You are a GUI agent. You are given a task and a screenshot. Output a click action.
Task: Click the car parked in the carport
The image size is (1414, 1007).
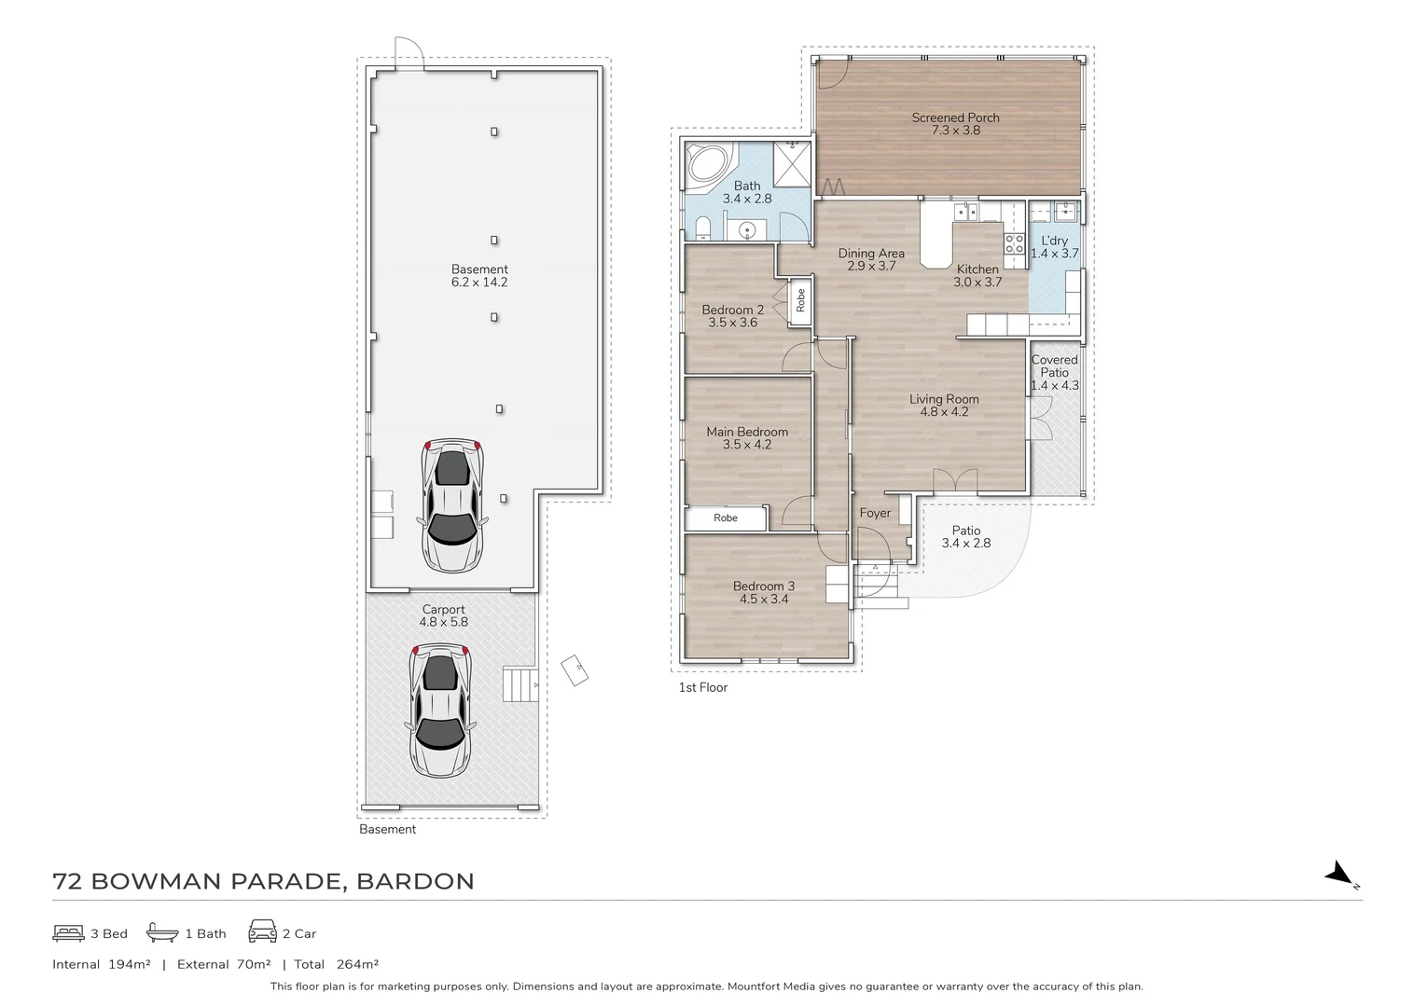[x=440, y=710]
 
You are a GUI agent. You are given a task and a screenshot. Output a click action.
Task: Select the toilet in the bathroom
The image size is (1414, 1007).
[x=702, y=228]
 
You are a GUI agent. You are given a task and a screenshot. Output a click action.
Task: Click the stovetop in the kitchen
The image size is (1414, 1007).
[x=1014, y=243]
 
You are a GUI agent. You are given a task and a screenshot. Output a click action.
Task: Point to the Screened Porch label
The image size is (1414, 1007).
[x=955, y=117]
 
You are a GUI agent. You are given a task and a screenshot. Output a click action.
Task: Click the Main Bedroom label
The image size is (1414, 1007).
[x=746, y=432]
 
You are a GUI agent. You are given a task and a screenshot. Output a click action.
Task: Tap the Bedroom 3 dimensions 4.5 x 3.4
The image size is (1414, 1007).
[x=764, y=599]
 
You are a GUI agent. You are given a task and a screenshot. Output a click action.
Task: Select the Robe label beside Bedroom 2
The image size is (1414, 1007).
[x=800, y=300]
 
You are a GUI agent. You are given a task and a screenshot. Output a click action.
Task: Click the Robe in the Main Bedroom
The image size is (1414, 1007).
[x=726, y=518]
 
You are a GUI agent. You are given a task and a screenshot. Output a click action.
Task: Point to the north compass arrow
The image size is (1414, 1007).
[x=1340, y=875]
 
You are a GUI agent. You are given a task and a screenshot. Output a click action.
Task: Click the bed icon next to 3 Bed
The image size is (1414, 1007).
[x=68, y=932]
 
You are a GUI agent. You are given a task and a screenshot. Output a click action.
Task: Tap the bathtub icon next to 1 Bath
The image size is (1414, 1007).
[x=162, y=932]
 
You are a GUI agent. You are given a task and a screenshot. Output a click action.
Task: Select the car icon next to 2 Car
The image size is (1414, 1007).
[x=262, y=932]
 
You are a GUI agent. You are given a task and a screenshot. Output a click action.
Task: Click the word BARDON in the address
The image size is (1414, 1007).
[x=416, y=881]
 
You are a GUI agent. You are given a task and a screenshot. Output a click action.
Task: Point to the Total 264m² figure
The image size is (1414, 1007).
[x=336, y=964]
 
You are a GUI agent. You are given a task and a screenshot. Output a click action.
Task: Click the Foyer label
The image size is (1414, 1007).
[x=875, y=513]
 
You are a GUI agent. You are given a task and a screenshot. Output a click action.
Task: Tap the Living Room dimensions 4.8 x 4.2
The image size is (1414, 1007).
[x=944, y=411]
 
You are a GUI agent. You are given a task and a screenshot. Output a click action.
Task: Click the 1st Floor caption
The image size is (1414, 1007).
[x=702, y=687]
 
